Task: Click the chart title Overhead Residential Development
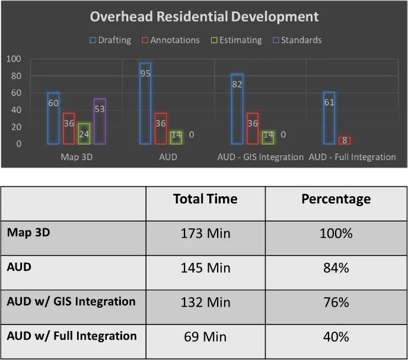point(204,16)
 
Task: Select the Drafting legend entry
point(110,40)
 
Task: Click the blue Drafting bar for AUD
point(145,103)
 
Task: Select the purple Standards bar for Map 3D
point(100,121)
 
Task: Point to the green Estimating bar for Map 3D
point(84,133)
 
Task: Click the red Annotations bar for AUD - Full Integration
point(345,141)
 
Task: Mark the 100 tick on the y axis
point(14,59)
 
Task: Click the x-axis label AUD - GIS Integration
point(260,157)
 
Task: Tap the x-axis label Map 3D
point(76,157)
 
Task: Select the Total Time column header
point(205,199)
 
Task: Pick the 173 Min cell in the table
point(205,233)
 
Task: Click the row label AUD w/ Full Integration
point(72,336)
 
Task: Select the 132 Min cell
point(205,302)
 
